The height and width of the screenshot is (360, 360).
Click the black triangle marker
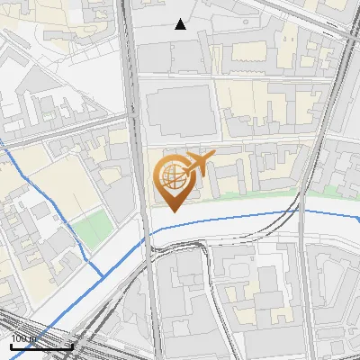tap(181, 24)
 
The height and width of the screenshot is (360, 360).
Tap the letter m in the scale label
tap(32, 339)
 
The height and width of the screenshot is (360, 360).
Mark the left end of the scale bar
tap(10, 346)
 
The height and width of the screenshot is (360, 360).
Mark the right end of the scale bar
tap(72, 346)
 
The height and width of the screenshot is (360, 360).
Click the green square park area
tap(89, 229)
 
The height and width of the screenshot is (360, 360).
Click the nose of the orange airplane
tap(215, 157)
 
